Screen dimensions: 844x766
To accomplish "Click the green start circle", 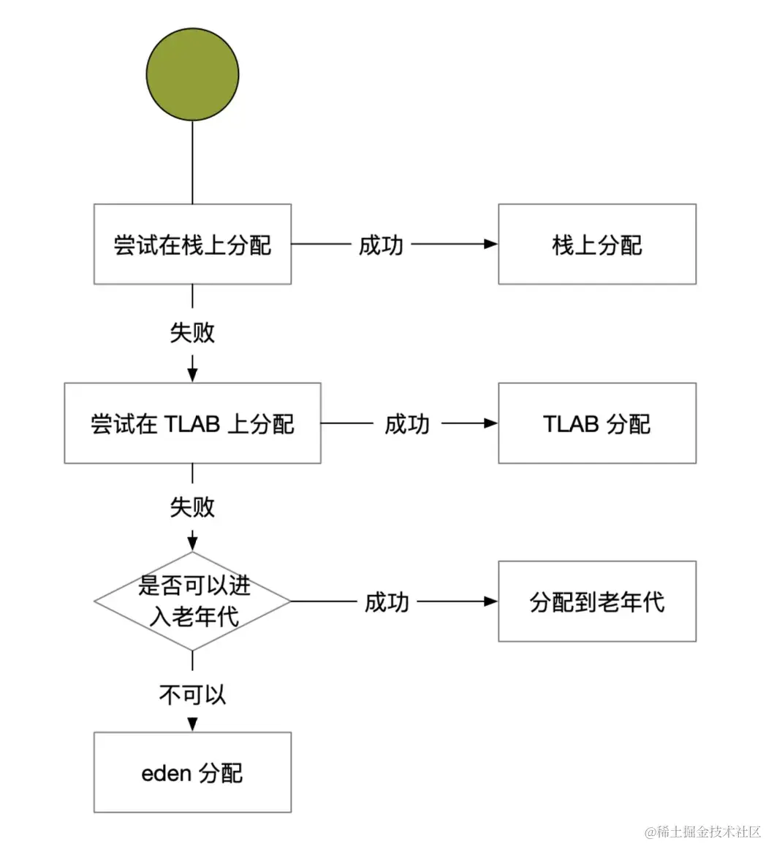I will (192, 74).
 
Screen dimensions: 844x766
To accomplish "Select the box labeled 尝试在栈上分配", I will (192, 244).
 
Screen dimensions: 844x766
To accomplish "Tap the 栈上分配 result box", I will (596, 244).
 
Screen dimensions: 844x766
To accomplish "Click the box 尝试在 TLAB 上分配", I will (192, 423).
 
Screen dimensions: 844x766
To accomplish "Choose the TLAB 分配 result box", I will (596, 423).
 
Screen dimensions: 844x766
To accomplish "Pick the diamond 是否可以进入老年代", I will (192, 602).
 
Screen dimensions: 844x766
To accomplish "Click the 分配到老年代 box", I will (596, 602).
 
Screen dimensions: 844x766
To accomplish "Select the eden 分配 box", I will (192, 772).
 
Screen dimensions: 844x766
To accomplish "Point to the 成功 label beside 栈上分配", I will (380, 245).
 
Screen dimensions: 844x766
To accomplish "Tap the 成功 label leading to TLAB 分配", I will (407, 423).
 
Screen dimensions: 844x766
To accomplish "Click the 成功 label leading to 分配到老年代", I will (387, 602).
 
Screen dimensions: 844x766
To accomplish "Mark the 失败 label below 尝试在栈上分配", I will (192, 332).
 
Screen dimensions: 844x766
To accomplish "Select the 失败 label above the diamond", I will (192, 507).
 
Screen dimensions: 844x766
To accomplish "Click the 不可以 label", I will (192, 694).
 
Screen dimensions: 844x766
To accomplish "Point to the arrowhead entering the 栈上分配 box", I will (491, 244).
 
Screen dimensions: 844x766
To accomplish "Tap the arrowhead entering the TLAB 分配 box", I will (491, 423).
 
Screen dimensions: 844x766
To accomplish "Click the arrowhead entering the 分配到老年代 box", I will (491, 602).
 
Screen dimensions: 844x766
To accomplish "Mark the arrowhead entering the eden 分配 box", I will (192, 725).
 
